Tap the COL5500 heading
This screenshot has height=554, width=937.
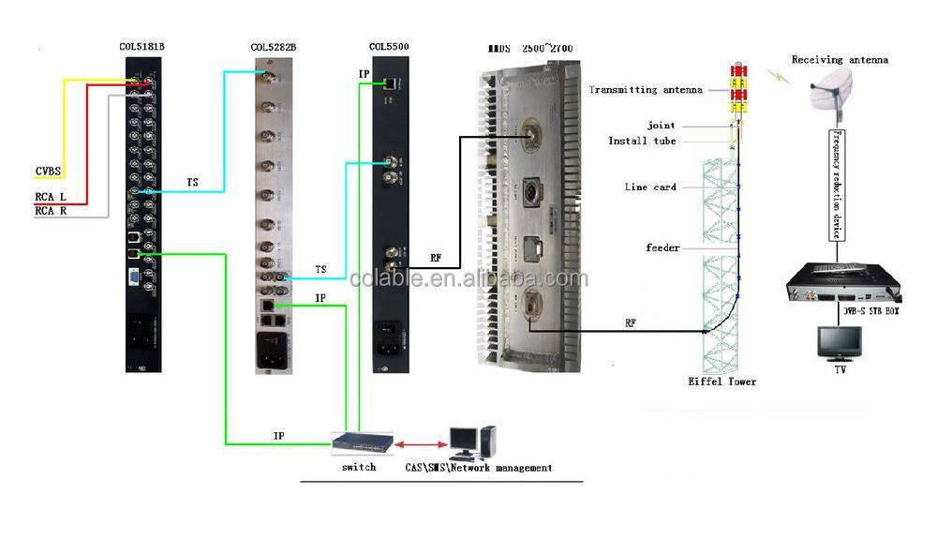389,46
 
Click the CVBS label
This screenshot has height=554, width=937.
49,171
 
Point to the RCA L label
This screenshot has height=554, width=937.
50,197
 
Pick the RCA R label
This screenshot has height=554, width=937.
50,211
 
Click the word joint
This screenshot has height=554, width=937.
661,125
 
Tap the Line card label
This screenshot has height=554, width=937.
650,187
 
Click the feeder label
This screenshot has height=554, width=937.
662,247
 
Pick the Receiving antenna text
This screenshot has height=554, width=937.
840,60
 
